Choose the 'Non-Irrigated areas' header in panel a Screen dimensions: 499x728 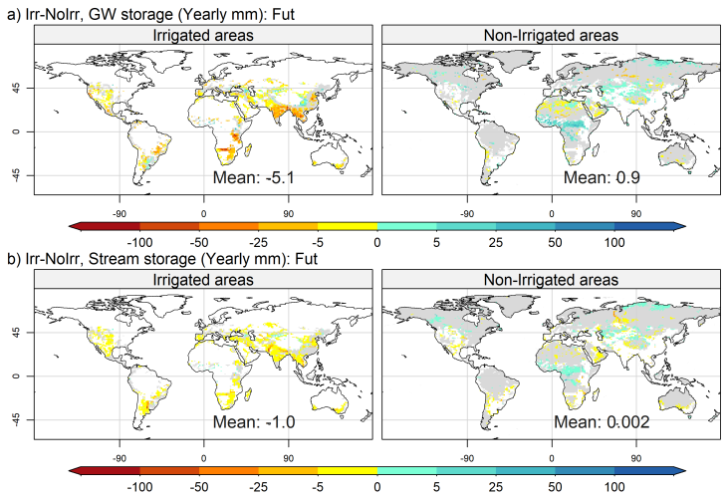551,35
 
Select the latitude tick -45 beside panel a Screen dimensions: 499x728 18,174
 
